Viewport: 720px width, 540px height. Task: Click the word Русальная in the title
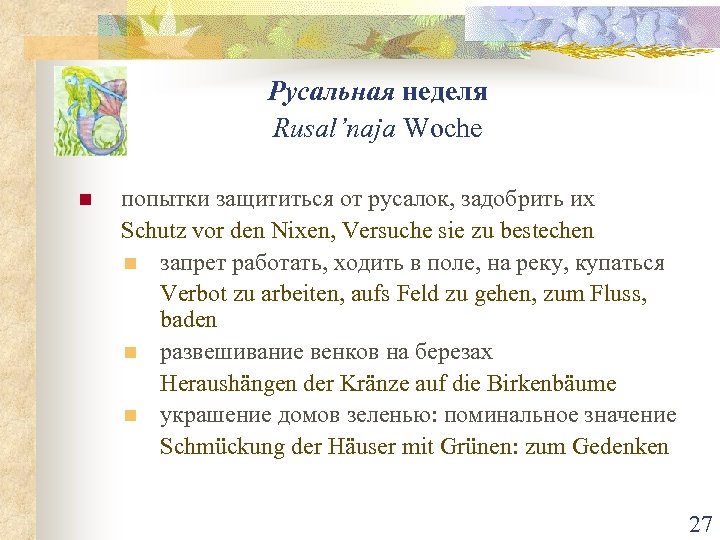pyautogui.click(x=332, y=92)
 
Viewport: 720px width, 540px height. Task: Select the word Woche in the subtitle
pyautogui.click(x=443, y=129)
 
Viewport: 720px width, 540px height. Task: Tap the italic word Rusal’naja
pyautogui.click(x=335, y=129)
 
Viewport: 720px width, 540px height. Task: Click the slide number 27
pyautogui.click(x=700, y=524)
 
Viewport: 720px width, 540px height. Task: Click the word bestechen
pyautogui.click(x=546, y=231)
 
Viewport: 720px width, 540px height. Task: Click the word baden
pyautogui.click(x=188, y=320)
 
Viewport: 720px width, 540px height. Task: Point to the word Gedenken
pyautogui.click(x=621, y=446)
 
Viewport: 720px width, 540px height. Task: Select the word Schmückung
pyautogui.click(x=213, y=446)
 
